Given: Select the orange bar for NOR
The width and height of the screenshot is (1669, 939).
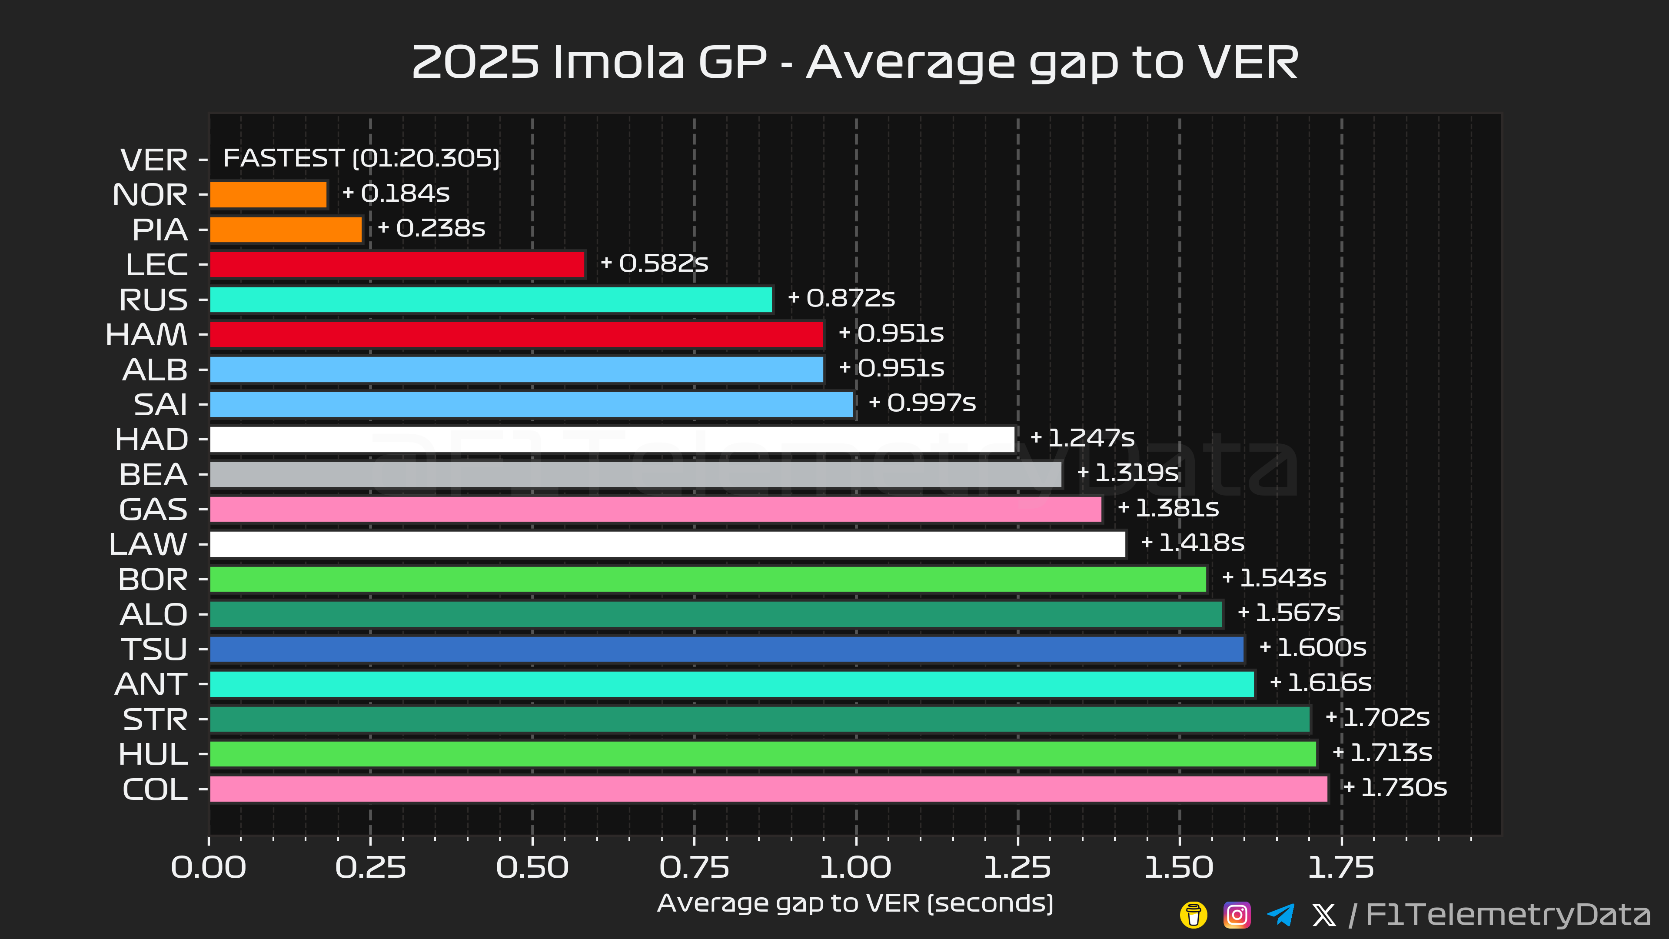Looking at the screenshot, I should pos(268,194).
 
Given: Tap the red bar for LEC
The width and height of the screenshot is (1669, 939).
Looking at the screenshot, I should pos(397,264).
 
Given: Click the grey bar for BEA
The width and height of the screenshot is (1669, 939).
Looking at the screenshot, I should pos(635,474).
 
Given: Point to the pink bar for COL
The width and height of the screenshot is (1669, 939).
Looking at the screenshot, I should pos(768,789).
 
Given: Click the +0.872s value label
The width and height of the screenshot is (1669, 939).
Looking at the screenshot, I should pos(841,298).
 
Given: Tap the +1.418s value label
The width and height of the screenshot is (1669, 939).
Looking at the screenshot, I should pos(1192,543).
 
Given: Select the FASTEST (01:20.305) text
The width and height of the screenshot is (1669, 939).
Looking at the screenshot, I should pos(361,158).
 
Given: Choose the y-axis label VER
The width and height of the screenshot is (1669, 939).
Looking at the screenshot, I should pos(154,160).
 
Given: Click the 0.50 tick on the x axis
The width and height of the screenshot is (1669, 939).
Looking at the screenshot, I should pos(532,868).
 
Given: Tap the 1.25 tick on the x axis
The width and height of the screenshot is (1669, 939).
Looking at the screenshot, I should pos(1017,868).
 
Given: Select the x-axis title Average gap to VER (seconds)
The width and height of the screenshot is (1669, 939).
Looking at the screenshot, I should pos(855,903).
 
